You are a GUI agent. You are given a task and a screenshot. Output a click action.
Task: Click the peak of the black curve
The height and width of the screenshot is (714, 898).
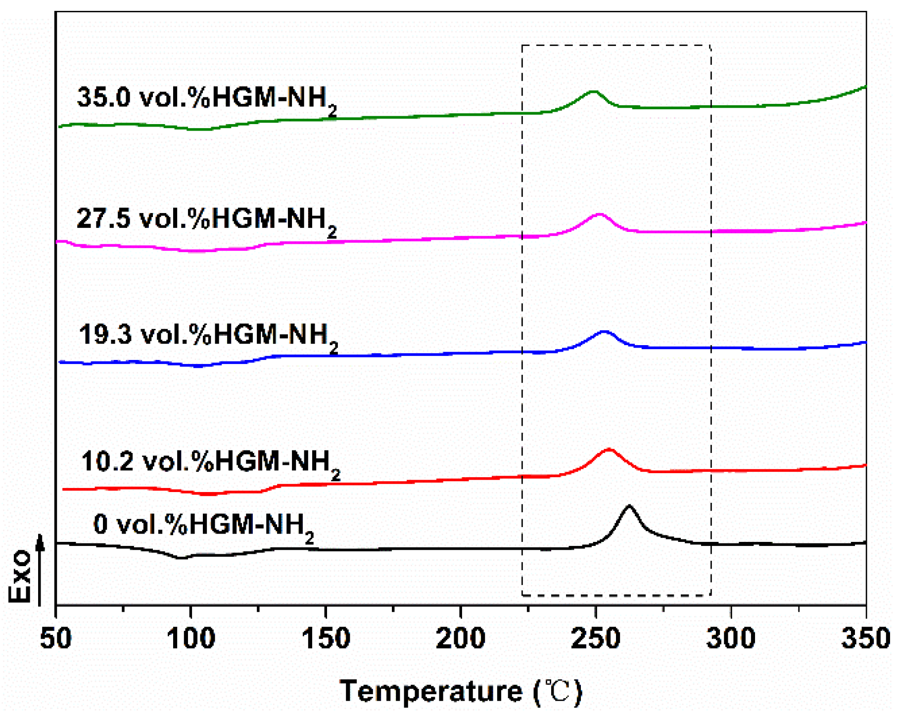[629, 506]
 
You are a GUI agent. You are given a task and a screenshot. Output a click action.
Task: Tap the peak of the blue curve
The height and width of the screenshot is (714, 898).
[604, 331]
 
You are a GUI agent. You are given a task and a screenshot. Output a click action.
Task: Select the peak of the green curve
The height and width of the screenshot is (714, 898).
[593, 91]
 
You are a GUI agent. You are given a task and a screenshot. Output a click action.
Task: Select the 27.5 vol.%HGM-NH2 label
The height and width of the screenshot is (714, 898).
[206, 220]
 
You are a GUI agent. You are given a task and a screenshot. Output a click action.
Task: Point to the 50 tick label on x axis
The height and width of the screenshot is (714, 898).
[55, 638]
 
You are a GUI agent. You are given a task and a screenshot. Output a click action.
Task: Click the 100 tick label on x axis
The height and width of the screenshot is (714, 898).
[190, 638]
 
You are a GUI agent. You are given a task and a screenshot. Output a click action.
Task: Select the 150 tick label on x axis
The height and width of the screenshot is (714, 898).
[326, 638]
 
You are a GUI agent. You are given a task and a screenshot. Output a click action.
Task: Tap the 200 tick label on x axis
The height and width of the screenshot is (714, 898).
[461, 638]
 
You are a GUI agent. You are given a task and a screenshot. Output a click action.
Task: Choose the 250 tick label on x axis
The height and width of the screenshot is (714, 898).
[596, 638]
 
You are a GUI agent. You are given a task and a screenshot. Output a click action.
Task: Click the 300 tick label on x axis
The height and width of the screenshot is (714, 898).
[731, 638]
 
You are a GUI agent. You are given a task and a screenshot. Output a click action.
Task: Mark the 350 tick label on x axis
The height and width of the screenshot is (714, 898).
[866, 638]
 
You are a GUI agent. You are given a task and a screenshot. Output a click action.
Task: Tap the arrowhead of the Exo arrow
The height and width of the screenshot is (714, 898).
[41, 542]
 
